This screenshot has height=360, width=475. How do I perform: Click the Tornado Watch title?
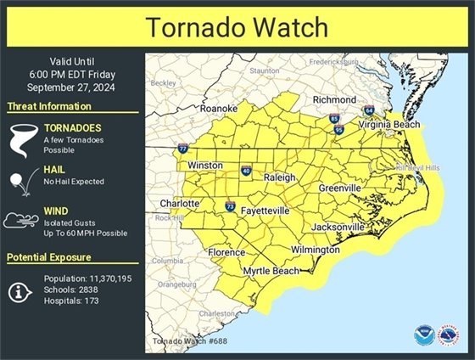(x=237, y=26)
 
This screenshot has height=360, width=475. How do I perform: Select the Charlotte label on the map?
(x=180, y=204)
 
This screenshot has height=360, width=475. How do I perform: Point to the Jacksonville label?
(x=338, y=228)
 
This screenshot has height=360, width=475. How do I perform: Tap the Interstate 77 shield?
(x=183, y=149)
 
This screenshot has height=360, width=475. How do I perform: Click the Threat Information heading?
(x=49, y=106)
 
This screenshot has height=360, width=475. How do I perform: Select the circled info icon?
(x=21, y=291)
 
